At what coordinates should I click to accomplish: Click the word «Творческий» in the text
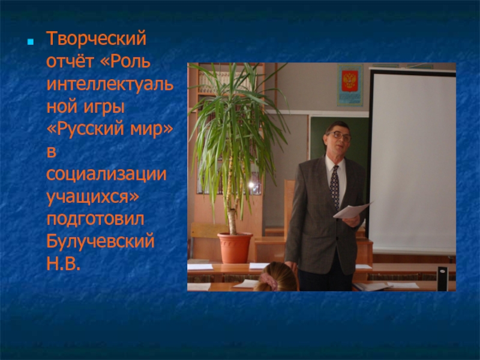point(96,39)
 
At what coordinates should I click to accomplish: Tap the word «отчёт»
point(70,61)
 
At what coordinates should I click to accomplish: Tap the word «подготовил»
point(95,219)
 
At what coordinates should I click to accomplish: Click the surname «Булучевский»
point(100,241)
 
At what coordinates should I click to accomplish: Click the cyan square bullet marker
point(31,41)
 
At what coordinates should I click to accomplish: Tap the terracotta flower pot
point(235,248)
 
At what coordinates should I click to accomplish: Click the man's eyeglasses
point(339,136)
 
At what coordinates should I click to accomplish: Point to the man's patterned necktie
point(335,187)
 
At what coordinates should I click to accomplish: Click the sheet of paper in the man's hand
point(352,210)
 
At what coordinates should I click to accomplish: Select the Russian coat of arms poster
point(350,85)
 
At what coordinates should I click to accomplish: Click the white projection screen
point(413,161)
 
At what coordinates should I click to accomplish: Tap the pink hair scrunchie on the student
point(269,280)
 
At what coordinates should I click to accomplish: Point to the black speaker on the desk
point(442,278)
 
